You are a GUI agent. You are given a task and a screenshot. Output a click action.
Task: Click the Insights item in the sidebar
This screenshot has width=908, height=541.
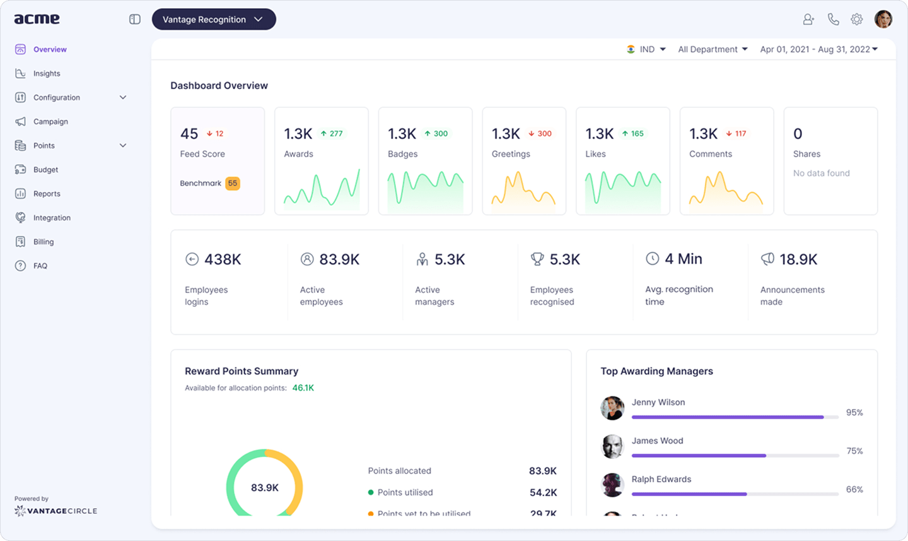coord(46,73)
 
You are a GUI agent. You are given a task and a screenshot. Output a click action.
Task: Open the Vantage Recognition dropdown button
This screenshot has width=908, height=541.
coord(213,20)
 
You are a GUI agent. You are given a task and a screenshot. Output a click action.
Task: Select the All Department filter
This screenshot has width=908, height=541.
coord(713,49)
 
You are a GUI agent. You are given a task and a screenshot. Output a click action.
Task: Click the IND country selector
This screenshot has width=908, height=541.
coord(646,49)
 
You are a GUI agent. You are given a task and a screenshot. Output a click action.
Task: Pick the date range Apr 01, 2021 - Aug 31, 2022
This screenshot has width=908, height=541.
coord(818,49)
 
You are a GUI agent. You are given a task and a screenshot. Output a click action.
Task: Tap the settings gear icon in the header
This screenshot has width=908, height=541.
coord(856,20)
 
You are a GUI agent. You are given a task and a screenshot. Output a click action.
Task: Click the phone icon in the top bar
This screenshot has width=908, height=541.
coord(833,20)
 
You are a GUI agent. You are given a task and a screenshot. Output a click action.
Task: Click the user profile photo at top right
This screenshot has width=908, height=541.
coord(883,19)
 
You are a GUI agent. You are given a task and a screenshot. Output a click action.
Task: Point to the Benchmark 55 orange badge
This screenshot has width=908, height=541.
coord(233,183)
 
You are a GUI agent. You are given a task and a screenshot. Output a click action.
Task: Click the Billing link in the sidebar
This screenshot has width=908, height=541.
coord(43,242)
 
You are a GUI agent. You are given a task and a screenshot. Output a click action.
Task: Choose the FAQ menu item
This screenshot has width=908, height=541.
coord(40,266)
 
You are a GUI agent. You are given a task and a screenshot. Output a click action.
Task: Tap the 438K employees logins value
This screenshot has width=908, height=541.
coord(223,259)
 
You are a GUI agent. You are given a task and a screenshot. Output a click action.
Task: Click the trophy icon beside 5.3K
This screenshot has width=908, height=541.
coord(537,259)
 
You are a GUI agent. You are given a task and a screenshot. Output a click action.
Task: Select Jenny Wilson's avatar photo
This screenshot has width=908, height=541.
coord(612,408)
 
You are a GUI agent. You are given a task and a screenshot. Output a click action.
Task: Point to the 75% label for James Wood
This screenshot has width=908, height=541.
coord(854,451)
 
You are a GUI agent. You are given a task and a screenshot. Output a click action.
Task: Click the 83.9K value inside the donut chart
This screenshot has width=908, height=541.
coord(264,488)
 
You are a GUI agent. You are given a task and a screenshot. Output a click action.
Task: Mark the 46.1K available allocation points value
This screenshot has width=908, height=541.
coord(303,388)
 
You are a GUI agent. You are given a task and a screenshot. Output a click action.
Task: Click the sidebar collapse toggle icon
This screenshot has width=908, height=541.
coord(135,20)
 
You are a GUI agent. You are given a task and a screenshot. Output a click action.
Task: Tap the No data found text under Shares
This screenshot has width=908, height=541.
coord(821,173)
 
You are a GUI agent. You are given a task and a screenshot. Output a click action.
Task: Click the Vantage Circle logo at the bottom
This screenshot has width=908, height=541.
coord(56,510)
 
